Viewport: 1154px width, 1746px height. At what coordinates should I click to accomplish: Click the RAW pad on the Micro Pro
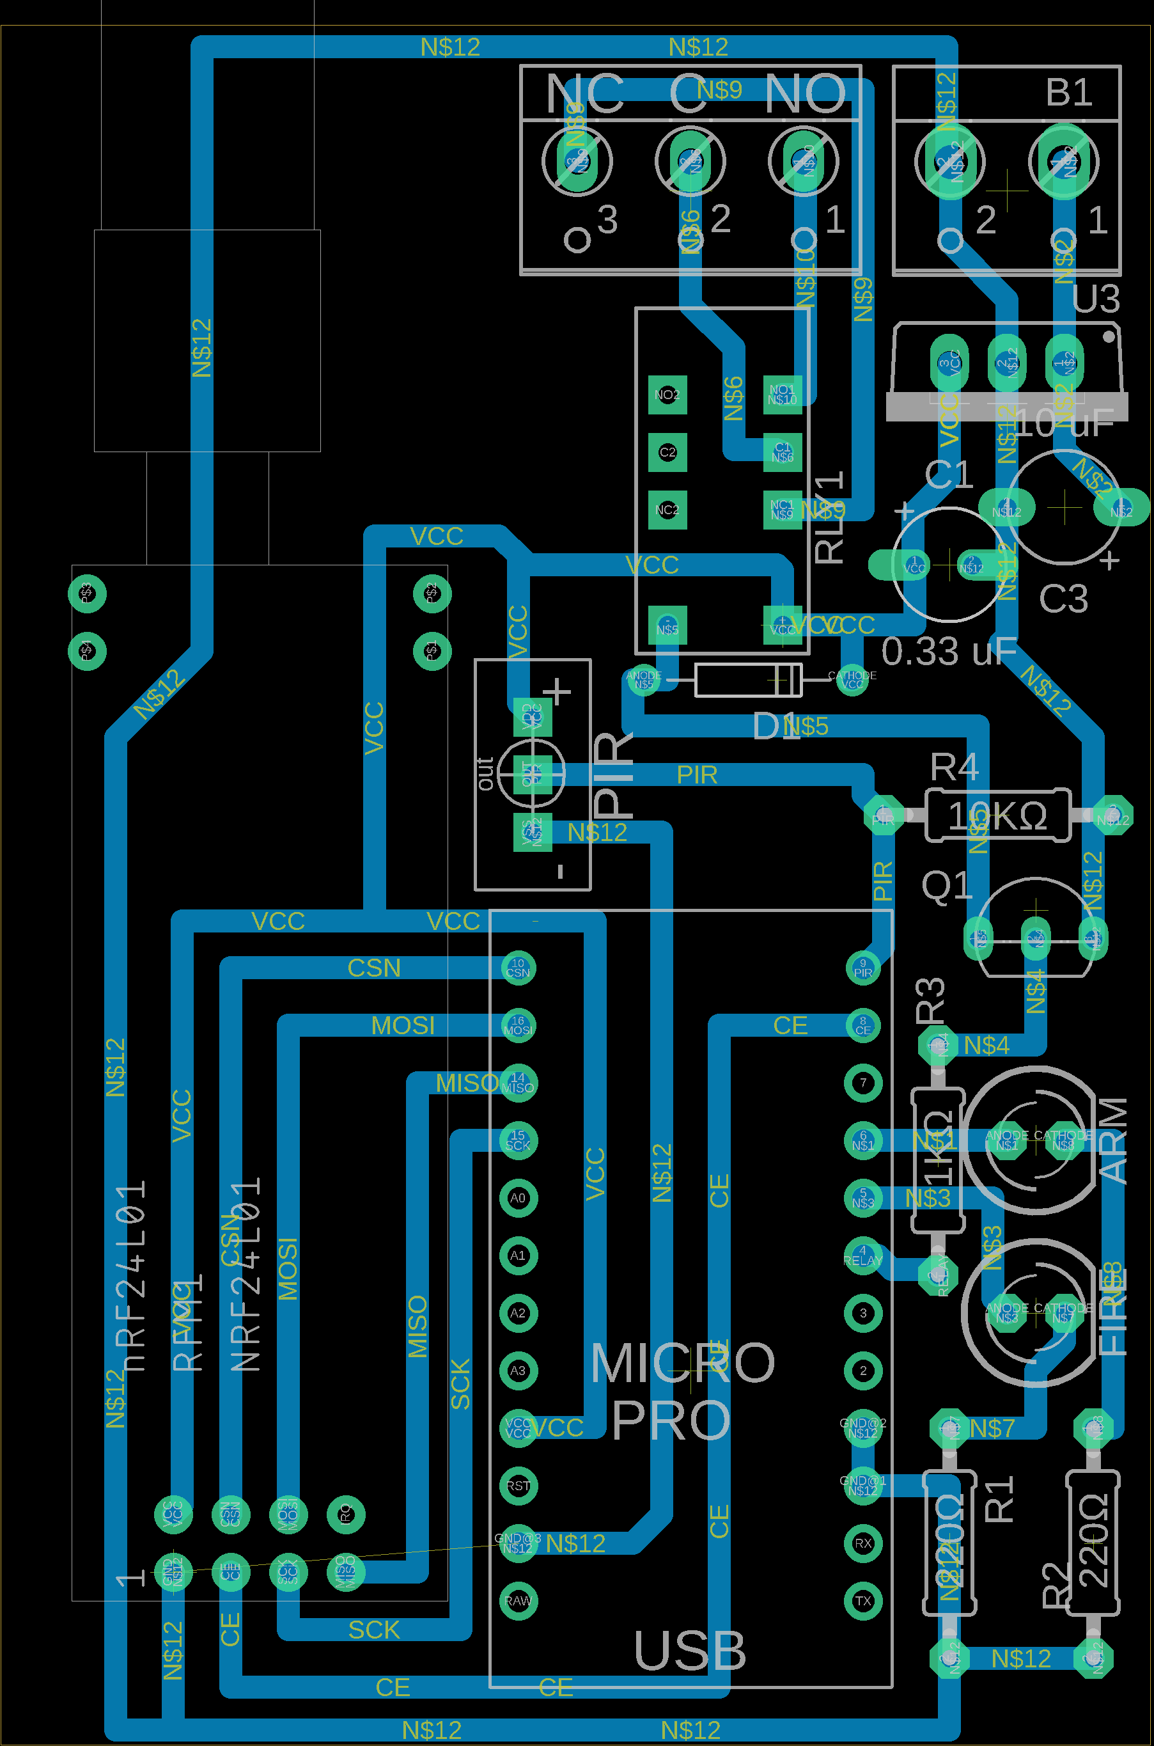(x=517, y=1600)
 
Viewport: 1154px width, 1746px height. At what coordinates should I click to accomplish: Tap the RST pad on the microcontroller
(x=517, y=1486)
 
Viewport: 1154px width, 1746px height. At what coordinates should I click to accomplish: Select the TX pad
(x=862, y=1600)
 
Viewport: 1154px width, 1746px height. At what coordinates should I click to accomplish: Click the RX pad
(x=862, y=1543)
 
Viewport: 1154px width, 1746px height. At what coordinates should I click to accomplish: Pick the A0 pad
(x=517, y=1198)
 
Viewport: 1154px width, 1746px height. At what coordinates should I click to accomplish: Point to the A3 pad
(x=517, y=1370)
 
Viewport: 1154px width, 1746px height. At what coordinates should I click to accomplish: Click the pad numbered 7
(x=862, y=1083)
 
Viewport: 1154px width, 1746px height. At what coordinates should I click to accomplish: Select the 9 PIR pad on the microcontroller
(x=862, y=967)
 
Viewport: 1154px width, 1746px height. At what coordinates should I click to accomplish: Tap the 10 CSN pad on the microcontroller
(x=517, y=967)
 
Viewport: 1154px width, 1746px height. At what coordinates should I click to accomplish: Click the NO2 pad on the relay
(x=667, y=395)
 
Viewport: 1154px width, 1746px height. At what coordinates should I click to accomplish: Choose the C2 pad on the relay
(x=667, y=452)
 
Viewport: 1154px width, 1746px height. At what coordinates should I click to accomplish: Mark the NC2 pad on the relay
(x=667, y=509)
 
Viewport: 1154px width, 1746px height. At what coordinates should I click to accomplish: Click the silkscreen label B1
(x=1068, y=93)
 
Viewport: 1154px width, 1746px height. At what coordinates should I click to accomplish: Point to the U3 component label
(x=1096, y=299)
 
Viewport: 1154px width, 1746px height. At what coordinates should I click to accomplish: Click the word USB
(x=690, y=1651)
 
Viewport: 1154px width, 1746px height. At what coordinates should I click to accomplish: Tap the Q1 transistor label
(x=947, y=886)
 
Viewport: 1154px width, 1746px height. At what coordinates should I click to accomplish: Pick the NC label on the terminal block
(x=585, y=94)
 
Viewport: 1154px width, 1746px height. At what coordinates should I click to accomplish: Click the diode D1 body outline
(x=748, y=679)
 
